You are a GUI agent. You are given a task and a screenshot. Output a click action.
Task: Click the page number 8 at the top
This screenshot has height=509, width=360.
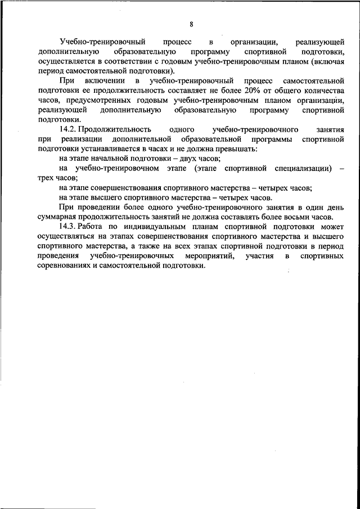191,24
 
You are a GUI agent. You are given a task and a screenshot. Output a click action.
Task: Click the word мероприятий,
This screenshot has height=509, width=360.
215,256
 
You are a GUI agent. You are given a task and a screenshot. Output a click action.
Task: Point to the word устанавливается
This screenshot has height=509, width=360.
109,148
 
